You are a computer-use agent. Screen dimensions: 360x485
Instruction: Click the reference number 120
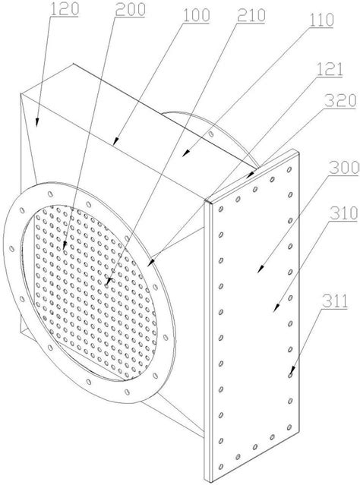[x=65, y=8]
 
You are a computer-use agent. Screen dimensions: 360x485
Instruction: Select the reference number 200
[x=131, y=10]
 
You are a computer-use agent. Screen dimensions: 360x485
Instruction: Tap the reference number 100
[x=196, y=15]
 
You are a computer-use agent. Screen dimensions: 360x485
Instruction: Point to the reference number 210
[x=251, y=15]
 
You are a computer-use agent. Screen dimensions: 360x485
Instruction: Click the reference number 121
[x=329, y=69]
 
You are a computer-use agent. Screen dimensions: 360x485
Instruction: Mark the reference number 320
[x=340, y=101]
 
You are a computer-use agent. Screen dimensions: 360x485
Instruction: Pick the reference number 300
[x=343, y=168]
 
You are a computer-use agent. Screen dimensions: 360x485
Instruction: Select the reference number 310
[x=343, y=213]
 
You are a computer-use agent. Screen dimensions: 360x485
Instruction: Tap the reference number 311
[x=335, y=301]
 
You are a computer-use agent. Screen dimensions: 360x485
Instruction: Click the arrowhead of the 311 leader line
[x=291, y=371]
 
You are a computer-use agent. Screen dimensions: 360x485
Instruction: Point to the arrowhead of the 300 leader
[x=261, y=269]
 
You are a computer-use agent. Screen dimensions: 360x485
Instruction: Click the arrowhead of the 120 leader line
[x=37, y=122]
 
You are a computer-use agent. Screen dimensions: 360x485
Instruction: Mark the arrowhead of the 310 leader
[x=276, y=307]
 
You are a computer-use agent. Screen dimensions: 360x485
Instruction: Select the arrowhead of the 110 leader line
[x=185, y=153]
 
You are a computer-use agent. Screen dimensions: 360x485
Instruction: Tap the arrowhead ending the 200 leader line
[x=65, y=245]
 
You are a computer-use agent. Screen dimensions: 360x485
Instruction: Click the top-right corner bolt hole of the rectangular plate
[x=289, y=169]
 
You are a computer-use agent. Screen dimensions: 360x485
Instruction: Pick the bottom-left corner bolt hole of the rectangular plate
[x=221, y=467]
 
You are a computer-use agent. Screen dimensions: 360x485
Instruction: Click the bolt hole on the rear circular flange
[x=211, y=134]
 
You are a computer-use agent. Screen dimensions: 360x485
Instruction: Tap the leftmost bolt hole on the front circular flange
[x=11, y=248]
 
